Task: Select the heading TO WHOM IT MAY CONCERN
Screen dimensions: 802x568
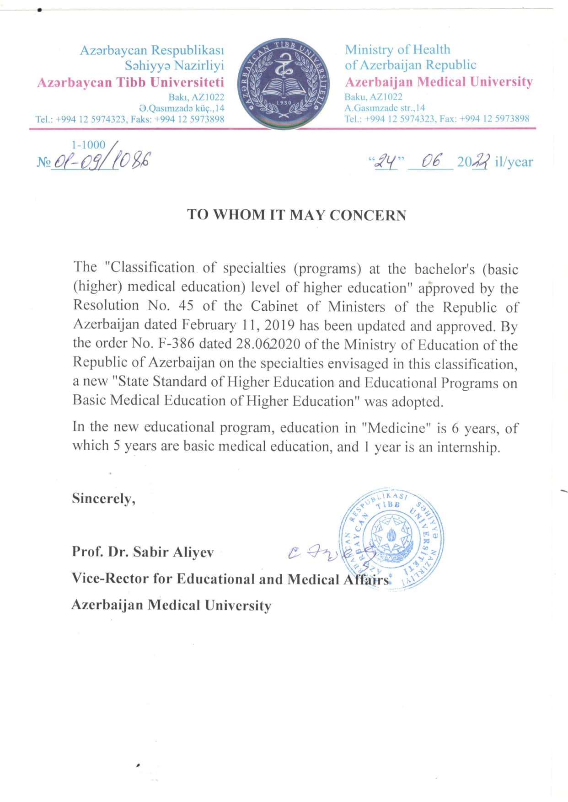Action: pyautogui.click(x=296, y=215)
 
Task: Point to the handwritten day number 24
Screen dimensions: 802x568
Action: pyautogui.click(x=386, y=161)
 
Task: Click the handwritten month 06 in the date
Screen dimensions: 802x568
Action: pyautogui.click(x=431, y=161)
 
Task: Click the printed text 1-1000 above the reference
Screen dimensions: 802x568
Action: pyautogui.click(x=88, y=144)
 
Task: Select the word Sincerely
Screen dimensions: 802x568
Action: pyautogui.click(x=103, y=499)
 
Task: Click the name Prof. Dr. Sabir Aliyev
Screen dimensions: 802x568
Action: pyautogui.click(x=143, y=552)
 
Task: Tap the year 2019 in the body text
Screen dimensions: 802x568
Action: pyautogui.click(x=280, y=325)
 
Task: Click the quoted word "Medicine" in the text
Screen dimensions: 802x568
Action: pyautogui.click(x=397, y=428)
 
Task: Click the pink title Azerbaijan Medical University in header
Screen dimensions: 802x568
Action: pyautogui.click(x=439, y=82)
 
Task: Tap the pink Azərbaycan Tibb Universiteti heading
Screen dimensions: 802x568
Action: pyautogui.click(x=130, y=82)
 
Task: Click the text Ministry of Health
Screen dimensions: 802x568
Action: pyautogui.click(x=397, y=49)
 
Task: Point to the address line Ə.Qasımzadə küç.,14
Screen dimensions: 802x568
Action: pyautogui.click(x=182, y=108)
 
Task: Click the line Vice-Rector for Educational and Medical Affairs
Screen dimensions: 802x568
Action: pyautogui.click(x=231, y=579)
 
